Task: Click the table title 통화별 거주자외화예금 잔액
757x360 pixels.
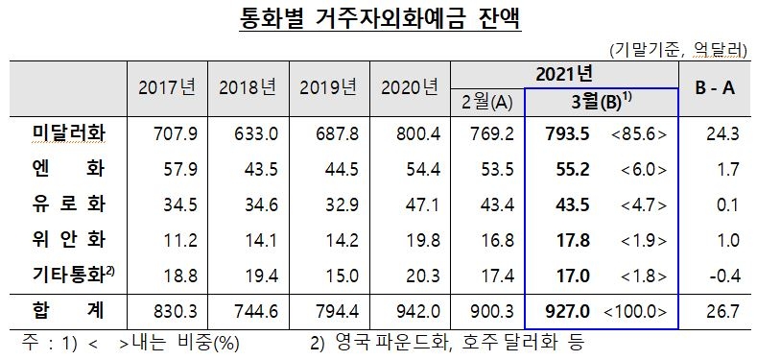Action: (378, 20)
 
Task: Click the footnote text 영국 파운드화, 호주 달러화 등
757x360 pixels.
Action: (460, 342)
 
